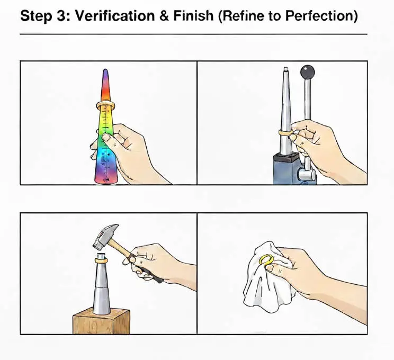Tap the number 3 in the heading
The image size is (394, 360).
[x=62, y=16]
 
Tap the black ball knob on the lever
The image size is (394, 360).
[x=307, y=71]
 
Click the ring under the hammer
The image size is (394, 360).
[x=101, y=259]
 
